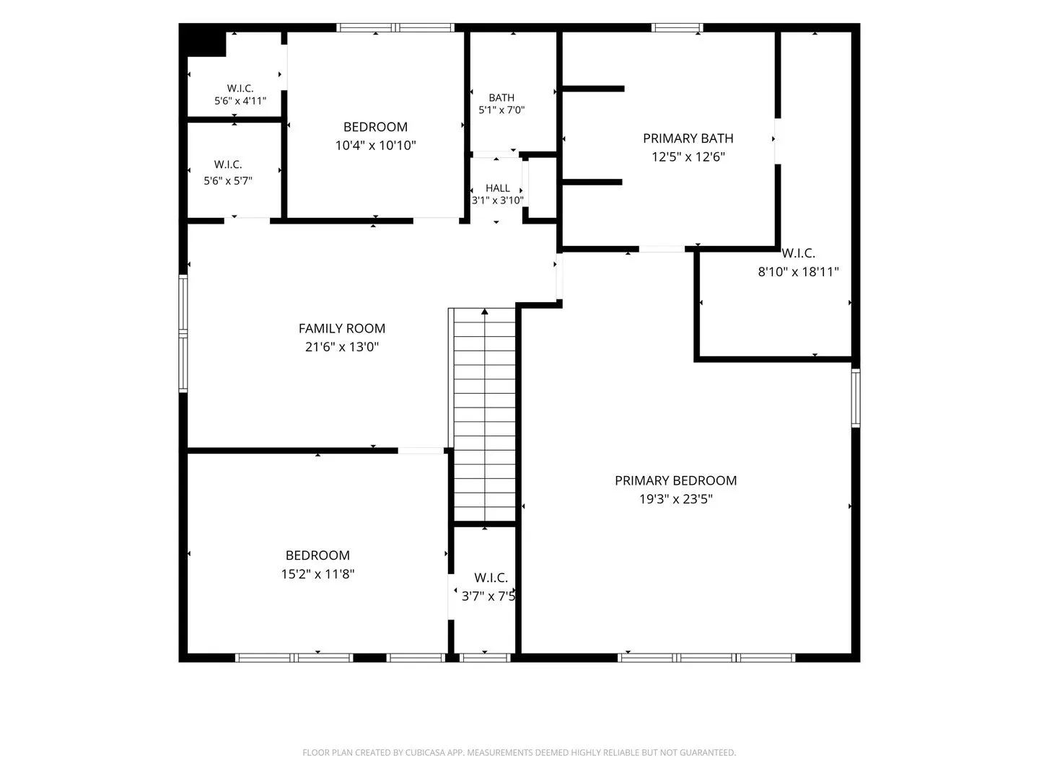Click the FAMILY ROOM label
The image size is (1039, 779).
(342, 328)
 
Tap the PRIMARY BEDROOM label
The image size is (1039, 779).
(675, 480)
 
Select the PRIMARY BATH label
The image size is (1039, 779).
(688, 138)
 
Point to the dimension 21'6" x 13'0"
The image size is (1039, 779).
(342, 347)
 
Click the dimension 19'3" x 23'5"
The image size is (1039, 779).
(675, 499)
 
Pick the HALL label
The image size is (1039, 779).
(497, 188)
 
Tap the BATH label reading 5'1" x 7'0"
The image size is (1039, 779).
(501, 98)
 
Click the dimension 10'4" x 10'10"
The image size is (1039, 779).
(375, 145)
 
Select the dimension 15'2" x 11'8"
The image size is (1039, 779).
(317, 573)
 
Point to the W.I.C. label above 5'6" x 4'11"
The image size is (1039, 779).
(240, 89)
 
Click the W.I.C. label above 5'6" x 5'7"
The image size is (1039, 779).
(228, 164)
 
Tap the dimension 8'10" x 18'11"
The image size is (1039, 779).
(798, 271)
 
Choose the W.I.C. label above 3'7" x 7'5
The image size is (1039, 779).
(491, 578)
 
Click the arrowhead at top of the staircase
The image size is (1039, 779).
(484, 311)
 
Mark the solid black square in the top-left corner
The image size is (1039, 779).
(203, 40)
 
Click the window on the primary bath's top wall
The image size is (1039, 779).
(677, 27)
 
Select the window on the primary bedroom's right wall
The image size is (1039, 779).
(855, 397)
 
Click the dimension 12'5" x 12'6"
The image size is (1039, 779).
(688, 157)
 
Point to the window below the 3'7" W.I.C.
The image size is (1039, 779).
(485, 657)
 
